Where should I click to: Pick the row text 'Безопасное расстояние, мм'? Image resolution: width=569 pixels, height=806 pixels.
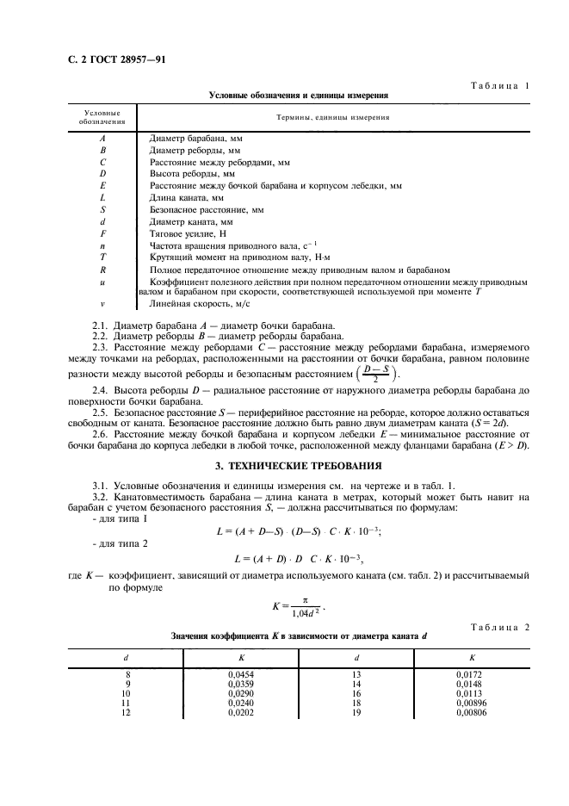(x=207, y=209)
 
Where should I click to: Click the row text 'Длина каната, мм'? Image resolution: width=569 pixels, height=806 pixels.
(x=187, y=197)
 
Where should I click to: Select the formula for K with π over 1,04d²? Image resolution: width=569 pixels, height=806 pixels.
(x=298, y=607)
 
